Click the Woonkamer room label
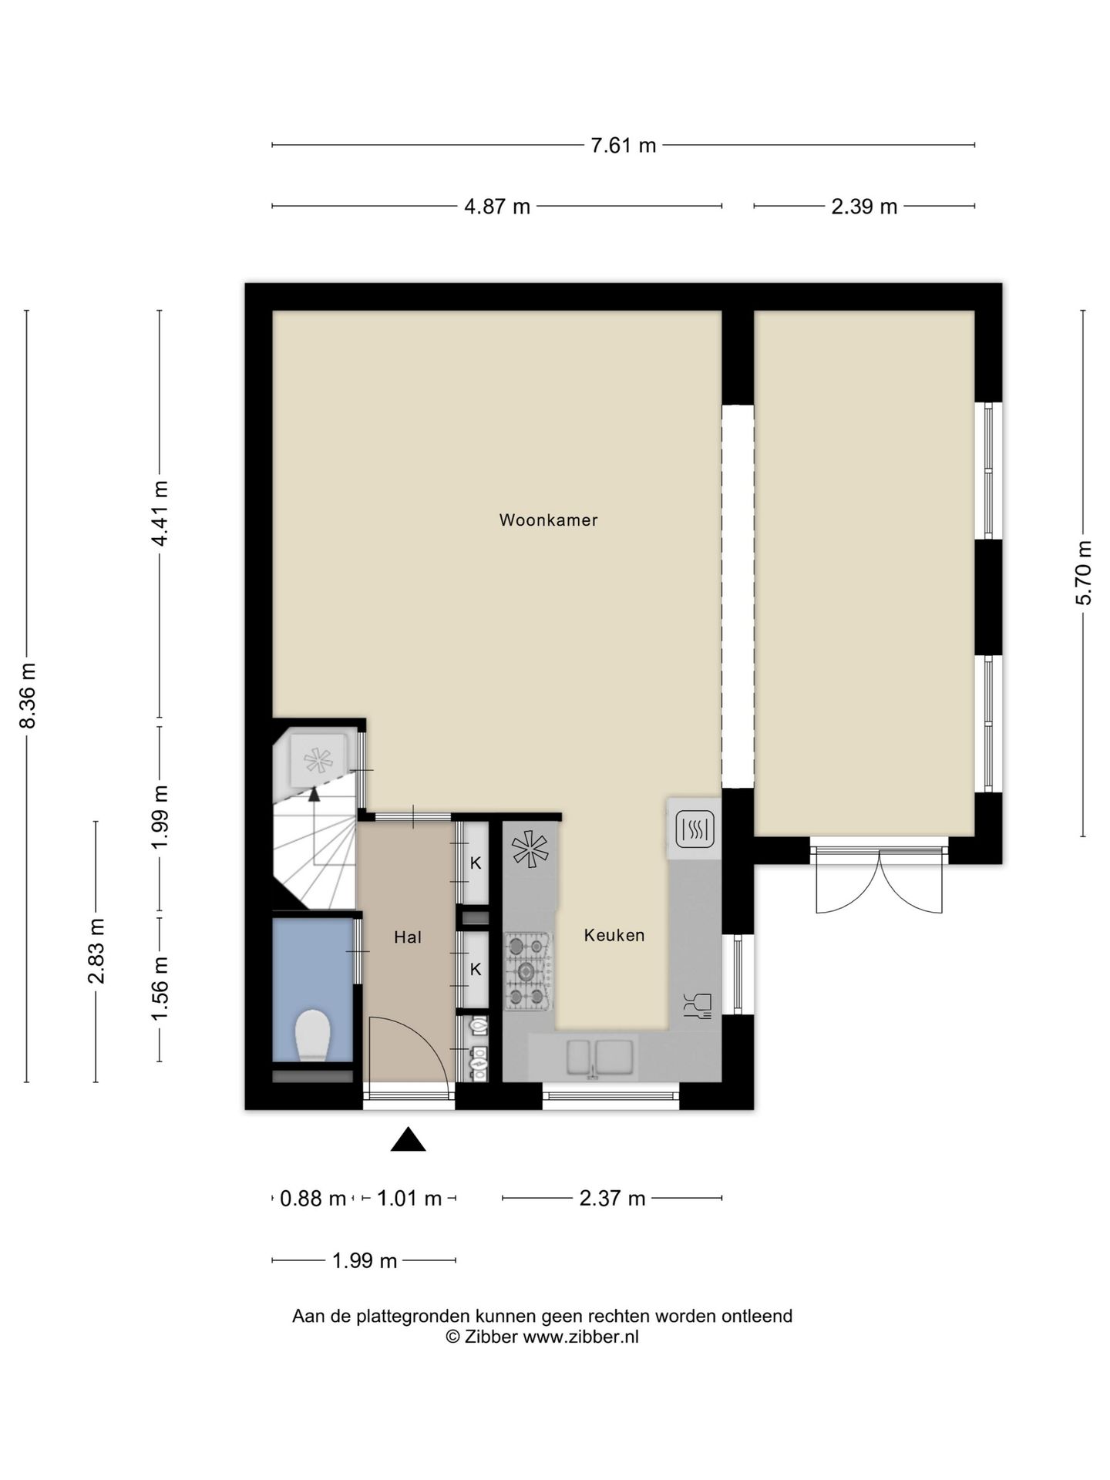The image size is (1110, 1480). point(548,520)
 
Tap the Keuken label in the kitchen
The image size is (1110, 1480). point(614,935)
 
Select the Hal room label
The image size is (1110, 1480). point(407,937)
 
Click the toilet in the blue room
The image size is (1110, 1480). point(313,1034)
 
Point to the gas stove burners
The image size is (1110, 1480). point(528,971)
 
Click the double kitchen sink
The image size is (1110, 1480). point(600,1058)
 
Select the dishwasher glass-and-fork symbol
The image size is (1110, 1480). point(698,1006)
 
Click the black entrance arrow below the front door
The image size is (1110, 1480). point(408,1139)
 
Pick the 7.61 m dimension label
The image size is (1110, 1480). point(623,145)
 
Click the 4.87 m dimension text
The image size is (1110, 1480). point(497,207)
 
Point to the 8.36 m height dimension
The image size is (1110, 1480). point(28,695)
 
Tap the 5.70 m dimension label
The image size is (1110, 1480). point(1084,573)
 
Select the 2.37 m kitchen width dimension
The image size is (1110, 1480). point(612,1198)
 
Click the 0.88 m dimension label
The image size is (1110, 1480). point(312,1198)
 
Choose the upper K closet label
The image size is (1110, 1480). point(476,863)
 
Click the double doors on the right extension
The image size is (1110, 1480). point(879,879)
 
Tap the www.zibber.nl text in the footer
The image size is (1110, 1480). point(580,1337)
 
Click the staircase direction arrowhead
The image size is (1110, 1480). point(314,795)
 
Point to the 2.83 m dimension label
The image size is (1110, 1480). point(96,951)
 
